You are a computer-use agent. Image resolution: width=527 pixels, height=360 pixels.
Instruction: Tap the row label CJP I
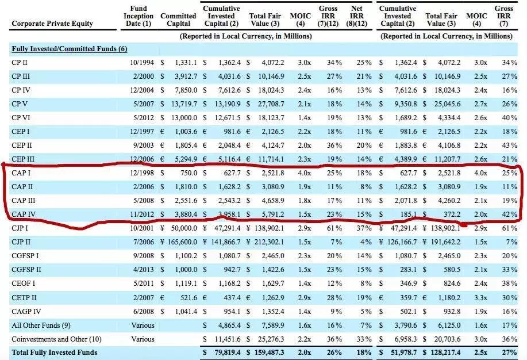click(20, 228)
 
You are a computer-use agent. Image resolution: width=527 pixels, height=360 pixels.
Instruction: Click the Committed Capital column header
click(179, 20)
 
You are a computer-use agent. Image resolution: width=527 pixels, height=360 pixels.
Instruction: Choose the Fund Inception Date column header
click(139, 16)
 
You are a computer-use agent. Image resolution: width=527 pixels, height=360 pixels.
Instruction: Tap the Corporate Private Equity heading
click(52, 24)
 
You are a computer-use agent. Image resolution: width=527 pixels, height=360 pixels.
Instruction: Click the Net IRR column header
click(356, 16)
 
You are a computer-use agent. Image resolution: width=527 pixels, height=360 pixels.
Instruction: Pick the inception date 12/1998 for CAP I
click(141, 173)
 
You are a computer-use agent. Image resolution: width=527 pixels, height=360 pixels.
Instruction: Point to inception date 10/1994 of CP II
click(141, 62)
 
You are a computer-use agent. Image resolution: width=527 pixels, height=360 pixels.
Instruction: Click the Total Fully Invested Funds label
click(55, 352)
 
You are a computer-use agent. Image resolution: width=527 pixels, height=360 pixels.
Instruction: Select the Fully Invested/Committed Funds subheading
click(70, 48)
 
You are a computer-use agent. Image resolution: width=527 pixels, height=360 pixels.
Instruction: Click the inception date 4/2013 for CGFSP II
click(143, 270)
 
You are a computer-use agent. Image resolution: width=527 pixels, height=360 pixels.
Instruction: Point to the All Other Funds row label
click(42, 325)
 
